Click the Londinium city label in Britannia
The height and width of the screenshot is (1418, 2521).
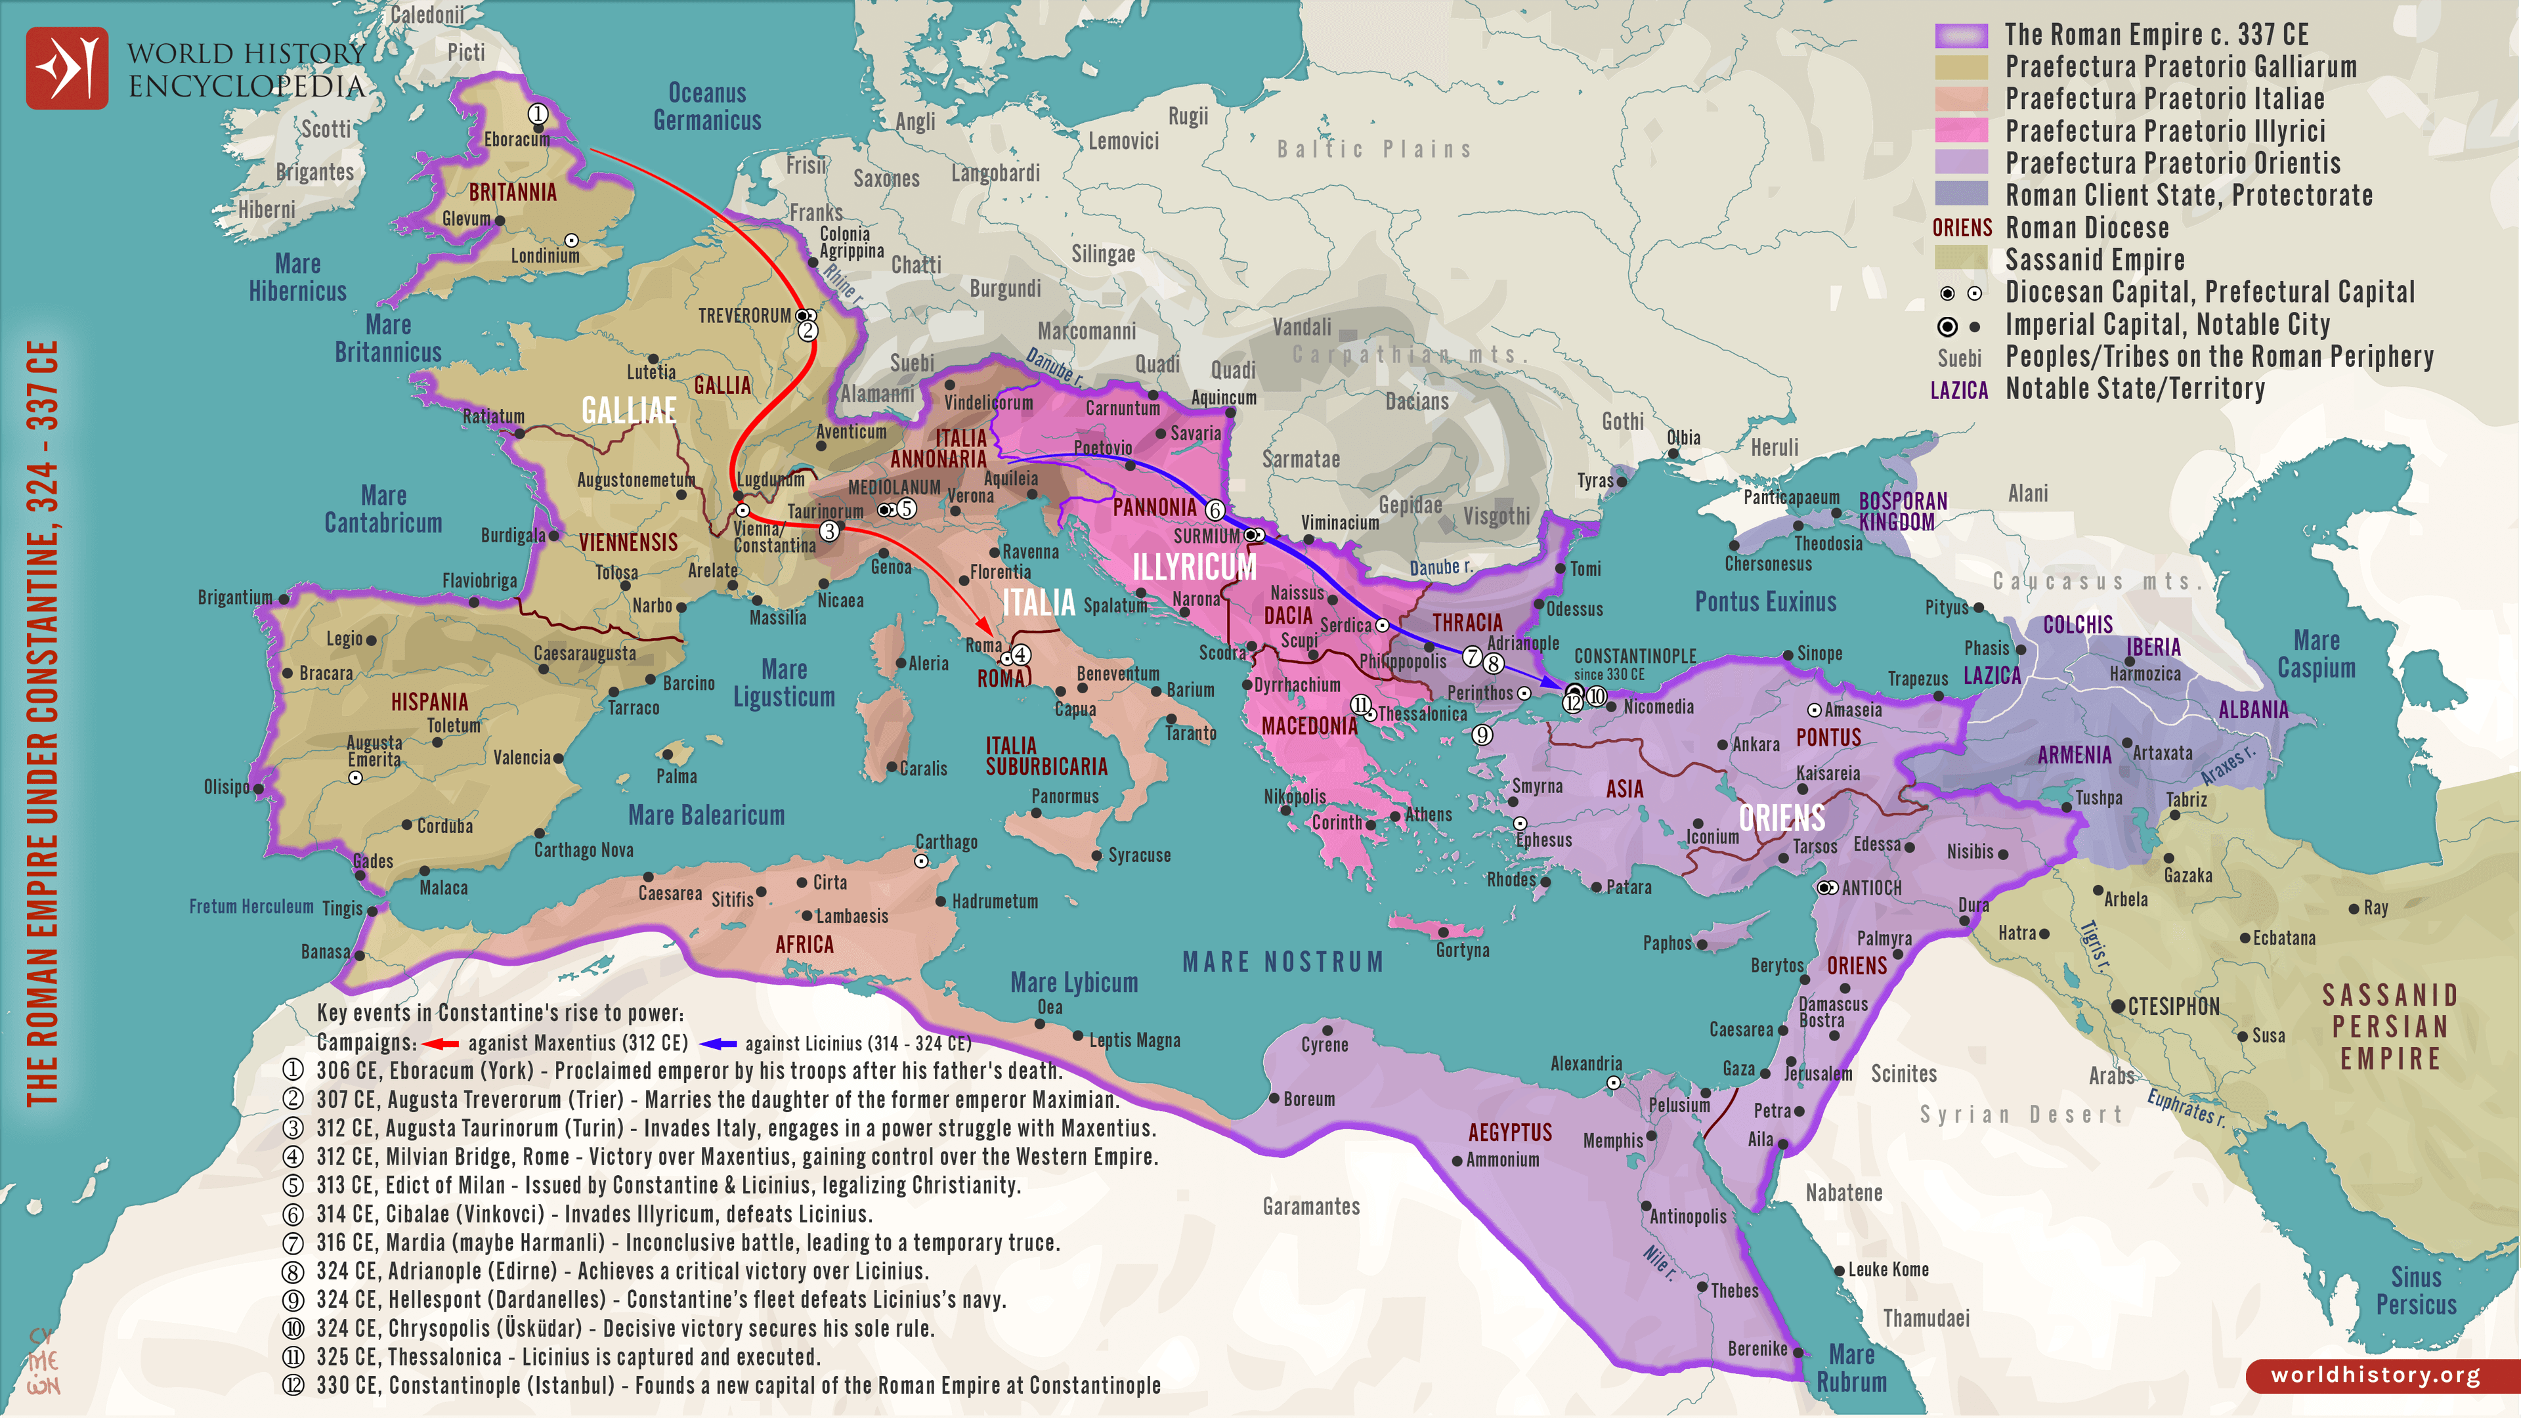(544, 255)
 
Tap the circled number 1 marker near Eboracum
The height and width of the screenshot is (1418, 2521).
(537, 114)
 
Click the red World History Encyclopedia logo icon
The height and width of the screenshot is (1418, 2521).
(66, 68)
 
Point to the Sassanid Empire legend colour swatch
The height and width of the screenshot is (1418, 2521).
(1961, 259)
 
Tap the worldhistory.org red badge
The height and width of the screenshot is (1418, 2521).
(2375, 1375)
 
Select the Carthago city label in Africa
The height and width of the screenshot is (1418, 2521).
(945, 842)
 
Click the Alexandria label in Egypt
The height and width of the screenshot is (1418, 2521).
(1585, 1063)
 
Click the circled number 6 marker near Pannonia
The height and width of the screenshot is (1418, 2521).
(1215, 510)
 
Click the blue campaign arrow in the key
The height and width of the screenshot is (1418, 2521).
(718, 1043)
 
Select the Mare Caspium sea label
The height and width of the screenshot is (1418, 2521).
(2316, 654)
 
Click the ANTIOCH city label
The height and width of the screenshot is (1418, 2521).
(1870, 888)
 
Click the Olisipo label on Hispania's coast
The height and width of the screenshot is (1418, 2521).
(226, 787)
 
